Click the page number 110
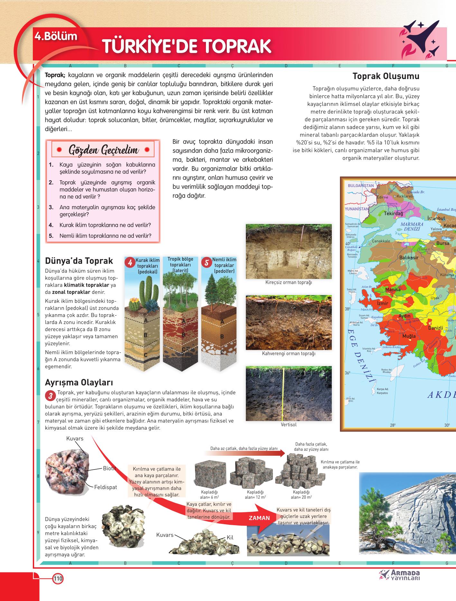click(58, 579)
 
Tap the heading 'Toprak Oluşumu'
click(386, 76)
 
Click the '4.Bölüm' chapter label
click(56, 36)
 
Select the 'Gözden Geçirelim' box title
click(104, 150)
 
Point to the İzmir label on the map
click(382, 303)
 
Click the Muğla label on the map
click(409, 336)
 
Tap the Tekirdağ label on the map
click(393, 213)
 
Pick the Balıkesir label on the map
click(409, 257)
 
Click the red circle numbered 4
click(130, 262)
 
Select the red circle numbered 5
click(207, 262)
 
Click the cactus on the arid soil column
click(144, 291)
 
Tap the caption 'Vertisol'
click(288, 425)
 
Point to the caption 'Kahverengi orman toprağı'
click(288, 354)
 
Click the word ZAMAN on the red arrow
click(259, 518)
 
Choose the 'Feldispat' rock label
click(106, 487)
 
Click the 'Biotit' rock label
click(109, 468)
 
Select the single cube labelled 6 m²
click(207, 474)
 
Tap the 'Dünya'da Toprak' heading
click(79, 260)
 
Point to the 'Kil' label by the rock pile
click(230, 537)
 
